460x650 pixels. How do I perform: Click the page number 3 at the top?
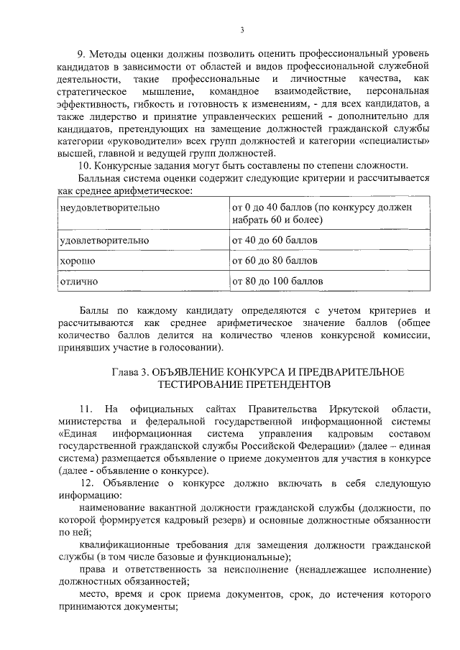pos(242,29)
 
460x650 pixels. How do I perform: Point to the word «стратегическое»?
pos(92,92)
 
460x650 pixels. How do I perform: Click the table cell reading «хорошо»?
pos(78,260)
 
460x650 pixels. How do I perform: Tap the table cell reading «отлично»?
pos(80,280)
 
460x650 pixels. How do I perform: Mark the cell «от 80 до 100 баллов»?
pos(277,280)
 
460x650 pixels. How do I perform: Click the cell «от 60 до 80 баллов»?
pos(274,260)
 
